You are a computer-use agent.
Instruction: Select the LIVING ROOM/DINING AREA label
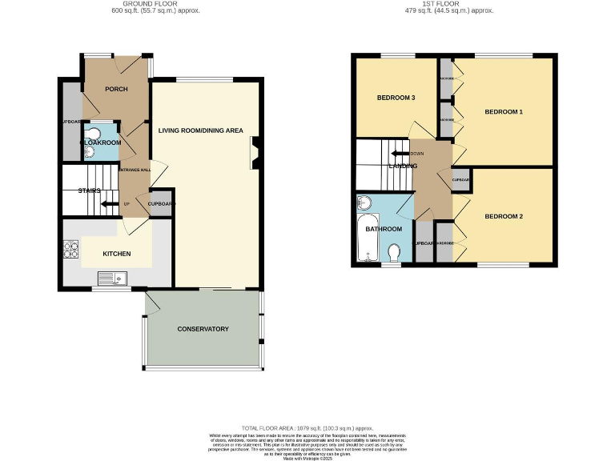(200, 130)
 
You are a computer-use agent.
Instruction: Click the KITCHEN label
(116, 254)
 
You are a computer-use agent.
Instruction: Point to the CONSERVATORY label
(203, 329)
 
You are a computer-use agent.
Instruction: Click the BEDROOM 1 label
(504, 111)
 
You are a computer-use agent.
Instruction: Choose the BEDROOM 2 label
(504, 217)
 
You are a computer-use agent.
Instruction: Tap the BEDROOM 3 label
(396, 98)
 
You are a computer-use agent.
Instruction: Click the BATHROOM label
(384, 229)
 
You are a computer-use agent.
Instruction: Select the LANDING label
(403, 166)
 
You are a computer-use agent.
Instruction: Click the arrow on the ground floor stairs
(106, 204)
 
